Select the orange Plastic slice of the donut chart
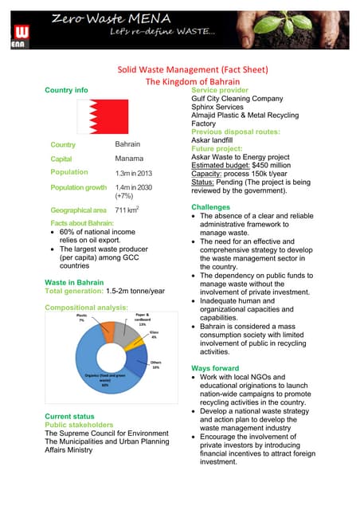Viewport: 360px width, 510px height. tap(108, 328)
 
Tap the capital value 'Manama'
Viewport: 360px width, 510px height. tap(129, 159)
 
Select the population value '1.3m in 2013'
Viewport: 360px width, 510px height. tap(133, 173)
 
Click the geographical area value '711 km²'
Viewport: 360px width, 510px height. tap(127, 210)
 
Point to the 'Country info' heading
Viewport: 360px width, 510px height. tap(66, 90)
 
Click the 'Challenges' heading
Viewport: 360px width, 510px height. tap(213, 207)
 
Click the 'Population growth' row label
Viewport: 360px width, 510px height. tap(78, 187)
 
